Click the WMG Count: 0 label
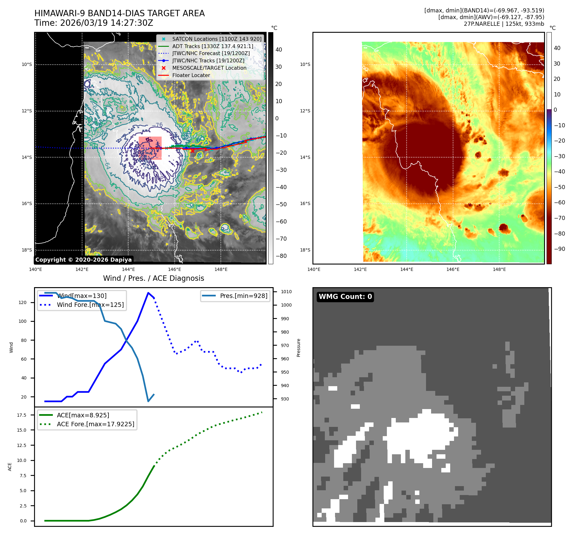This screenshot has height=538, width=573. (345, 297)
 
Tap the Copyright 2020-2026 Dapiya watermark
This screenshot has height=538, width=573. (83, 260)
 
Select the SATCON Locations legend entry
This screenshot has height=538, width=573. (217, 39)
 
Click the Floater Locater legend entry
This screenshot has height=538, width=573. (191, 75)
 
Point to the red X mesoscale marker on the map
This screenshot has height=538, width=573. (192, 151)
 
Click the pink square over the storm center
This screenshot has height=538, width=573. (150, 148)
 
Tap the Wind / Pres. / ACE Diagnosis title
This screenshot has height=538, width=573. (153, 278)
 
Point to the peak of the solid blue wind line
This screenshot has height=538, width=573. (148, 293)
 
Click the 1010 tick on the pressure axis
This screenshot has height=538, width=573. (286, 292)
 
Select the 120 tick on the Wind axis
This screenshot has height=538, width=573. (23, 302)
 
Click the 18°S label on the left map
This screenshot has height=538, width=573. (27, 250)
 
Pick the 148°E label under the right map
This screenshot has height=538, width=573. (499, 269)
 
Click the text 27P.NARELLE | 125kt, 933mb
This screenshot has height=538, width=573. (504, 24)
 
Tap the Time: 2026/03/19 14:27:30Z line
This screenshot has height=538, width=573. (94, 23)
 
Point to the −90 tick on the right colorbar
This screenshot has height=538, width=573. (559, 249)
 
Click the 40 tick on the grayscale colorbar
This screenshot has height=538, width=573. (279, 50)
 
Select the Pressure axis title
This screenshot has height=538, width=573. (298, 348)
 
